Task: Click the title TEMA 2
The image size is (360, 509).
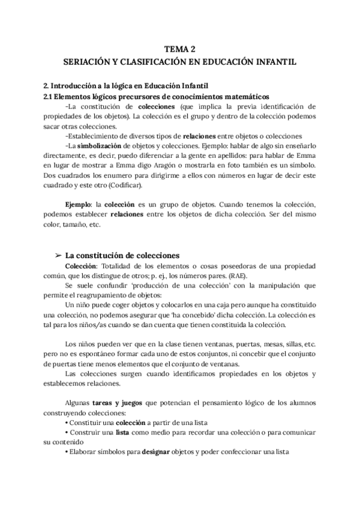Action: pyautogui.click(x=180, y=50)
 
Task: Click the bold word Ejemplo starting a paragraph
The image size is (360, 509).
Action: pyautogui.click(x=79, y=205)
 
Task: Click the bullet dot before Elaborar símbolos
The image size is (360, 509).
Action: pyautogui.click(x=65, y=454)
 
